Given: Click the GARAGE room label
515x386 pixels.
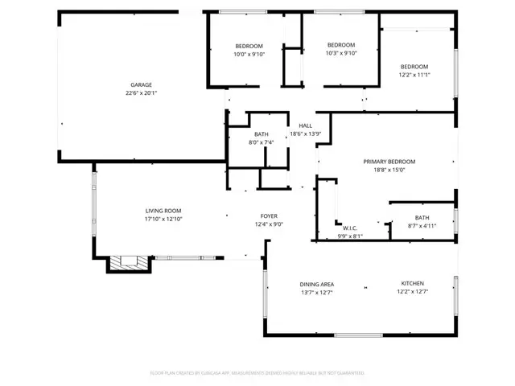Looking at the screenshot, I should coord(142,84).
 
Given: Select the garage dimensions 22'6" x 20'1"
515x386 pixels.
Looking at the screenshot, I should coord(142,93).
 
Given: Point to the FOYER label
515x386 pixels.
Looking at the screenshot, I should coord(269,216).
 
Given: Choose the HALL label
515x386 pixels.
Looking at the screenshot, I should coord(306,125).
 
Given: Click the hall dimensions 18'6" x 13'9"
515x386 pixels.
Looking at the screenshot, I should coord(306,134).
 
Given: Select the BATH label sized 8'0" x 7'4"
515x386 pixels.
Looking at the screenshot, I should coord(262,134).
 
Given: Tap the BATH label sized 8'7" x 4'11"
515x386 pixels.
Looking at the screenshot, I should coord(422,218).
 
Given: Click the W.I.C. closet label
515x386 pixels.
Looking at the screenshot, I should coord(350,228).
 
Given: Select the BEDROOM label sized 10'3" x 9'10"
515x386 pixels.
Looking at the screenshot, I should coord(341,45).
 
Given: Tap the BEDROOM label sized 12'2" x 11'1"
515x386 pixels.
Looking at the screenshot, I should coord(414,67).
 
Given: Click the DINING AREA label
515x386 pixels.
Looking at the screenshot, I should coord(317,284).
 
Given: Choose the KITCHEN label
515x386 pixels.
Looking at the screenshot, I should coord(413,284).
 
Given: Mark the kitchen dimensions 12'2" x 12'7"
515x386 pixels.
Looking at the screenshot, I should coord(413,293).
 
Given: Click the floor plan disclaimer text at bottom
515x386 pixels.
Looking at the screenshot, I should coord(257,373).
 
